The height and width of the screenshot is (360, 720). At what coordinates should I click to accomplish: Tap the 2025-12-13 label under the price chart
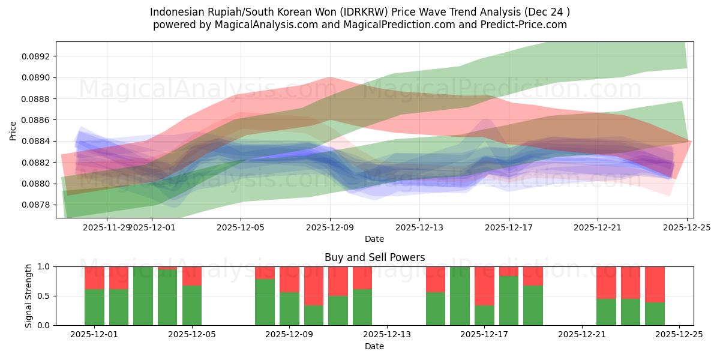point(419,227)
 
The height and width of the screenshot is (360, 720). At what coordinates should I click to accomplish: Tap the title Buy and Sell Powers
point(374,257)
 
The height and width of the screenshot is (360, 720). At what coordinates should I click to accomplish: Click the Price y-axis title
point(13,130)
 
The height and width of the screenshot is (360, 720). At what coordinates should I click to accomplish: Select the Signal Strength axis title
point(29,296)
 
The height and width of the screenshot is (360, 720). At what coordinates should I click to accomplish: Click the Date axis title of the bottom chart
point(374,346)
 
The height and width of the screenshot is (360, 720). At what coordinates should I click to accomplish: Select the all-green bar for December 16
point(460,296)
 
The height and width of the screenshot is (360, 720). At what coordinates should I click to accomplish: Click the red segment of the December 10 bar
point(314,286)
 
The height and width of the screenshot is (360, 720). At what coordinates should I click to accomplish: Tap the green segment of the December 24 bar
point(655,314)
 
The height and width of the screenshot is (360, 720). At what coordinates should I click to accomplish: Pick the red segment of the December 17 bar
point(484,286)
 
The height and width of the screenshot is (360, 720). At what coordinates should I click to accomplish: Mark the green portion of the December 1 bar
point(94,307)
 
